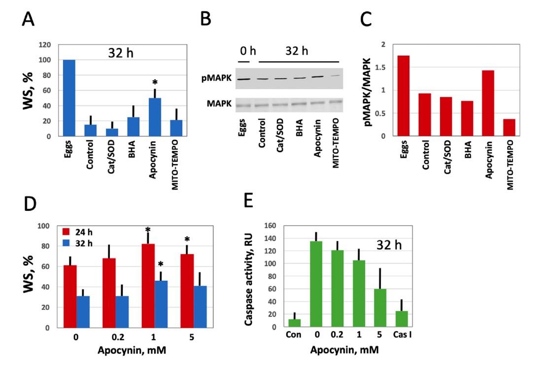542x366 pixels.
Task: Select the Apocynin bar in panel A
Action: coord(155,117)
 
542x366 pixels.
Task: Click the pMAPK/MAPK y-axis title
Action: coord(367,91)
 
